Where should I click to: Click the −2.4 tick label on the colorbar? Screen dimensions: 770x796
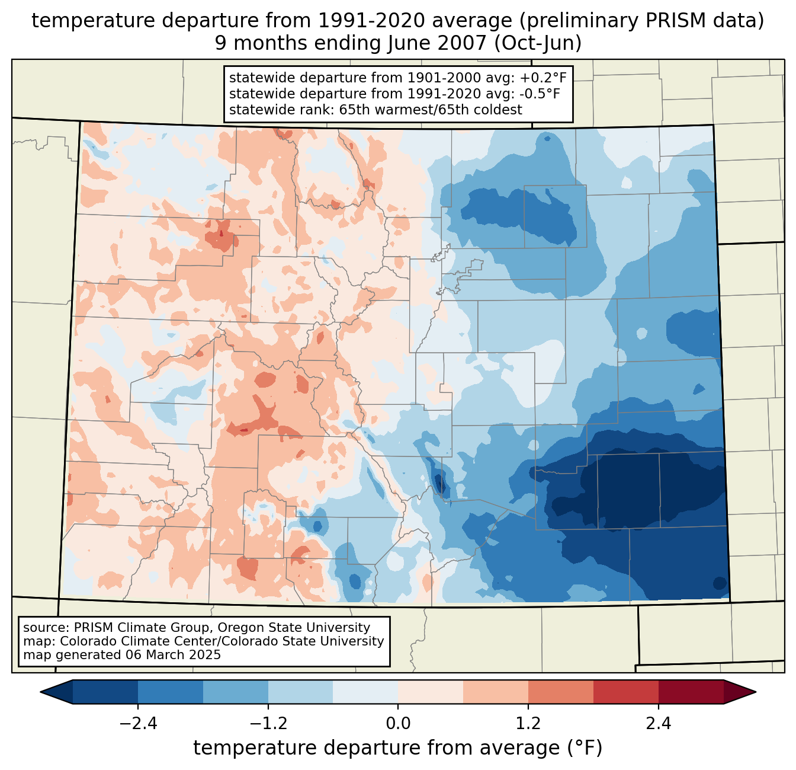[138, 724]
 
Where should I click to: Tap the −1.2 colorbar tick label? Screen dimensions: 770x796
[268, 724]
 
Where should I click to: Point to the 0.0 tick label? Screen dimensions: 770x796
[398, 724]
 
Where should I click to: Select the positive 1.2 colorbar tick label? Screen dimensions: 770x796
[528, 724]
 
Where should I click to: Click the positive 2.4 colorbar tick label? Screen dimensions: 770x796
[658, 724]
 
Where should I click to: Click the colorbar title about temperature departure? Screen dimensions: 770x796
[397, 748]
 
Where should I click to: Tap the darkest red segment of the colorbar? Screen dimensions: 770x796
[691, 692]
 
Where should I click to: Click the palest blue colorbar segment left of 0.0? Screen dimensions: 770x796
[365, 692]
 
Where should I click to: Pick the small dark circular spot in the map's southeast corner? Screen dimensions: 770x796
[720, 583]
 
